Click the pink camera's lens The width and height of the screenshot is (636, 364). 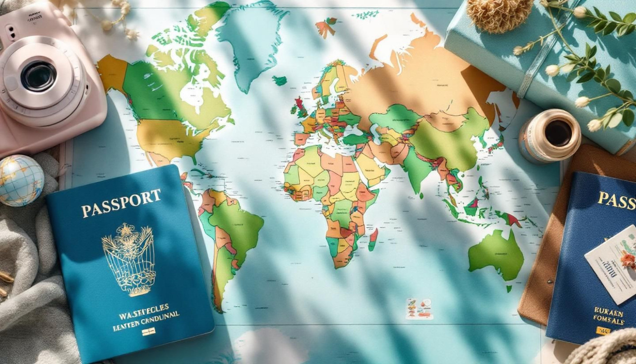tap(38, 76)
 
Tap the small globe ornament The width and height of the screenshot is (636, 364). tap(21, 180)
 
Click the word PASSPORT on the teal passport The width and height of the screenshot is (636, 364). tap(121, 203)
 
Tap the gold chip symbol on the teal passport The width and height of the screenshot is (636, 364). tap(148, 331)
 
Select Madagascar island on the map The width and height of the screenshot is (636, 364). tap(373, 240)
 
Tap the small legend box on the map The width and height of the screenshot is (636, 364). tap(418, 308)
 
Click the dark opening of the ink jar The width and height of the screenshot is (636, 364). tap(558, 133)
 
